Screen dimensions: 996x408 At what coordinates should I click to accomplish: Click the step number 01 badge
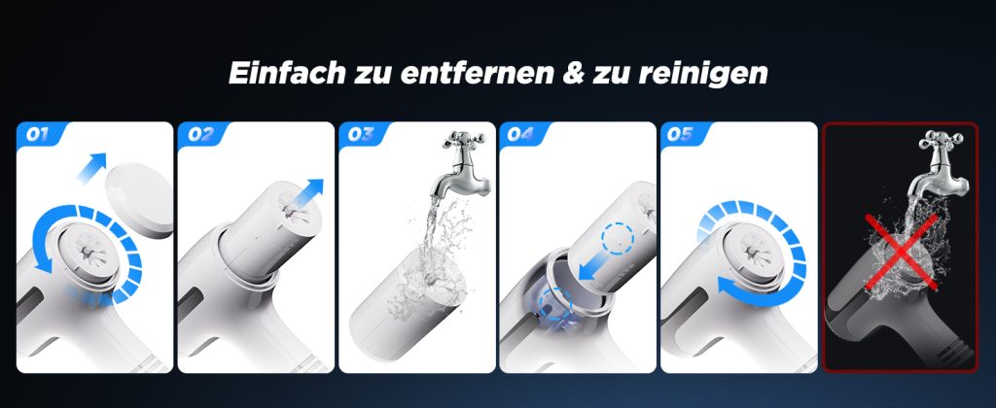38,134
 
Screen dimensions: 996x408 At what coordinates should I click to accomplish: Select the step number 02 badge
200,134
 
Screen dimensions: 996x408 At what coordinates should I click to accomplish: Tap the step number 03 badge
361,134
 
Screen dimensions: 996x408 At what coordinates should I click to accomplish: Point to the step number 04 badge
521,134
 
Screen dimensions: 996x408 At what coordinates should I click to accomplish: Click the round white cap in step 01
140,200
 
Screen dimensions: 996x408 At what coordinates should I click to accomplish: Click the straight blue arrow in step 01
91,167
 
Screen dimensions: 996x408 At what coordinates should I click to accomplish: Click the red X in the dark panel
902,252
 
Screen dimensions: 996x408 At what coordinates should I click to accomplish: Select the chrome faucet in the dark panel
941,163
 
